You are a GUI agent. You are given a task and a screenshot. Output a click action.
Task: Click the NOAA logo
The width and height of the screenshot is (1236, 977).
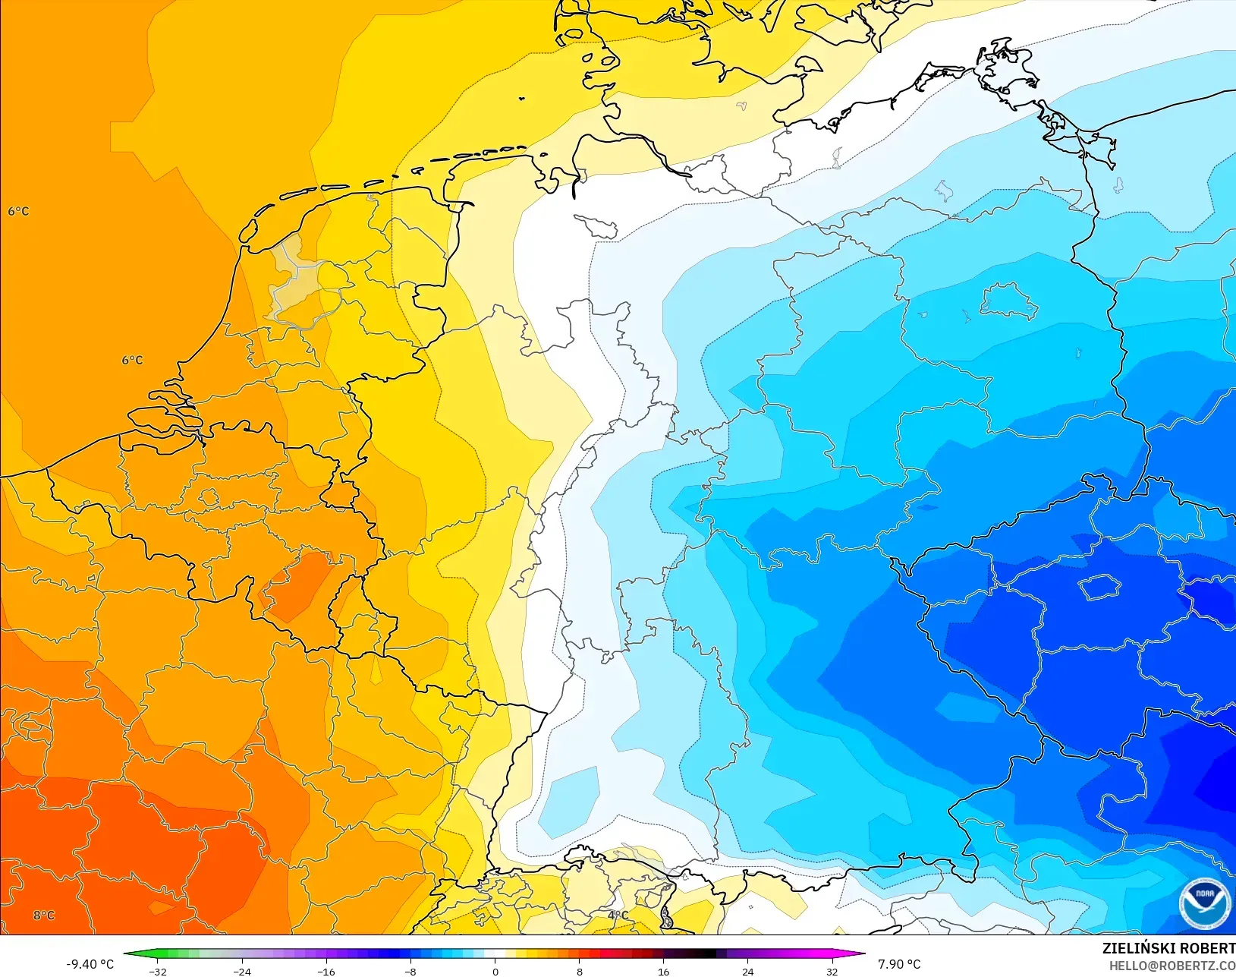click(1204, 903)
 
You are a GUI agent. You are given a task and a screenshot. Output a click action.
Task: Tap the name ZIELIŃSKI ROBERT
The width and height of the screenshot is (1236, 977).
click(1168, 948)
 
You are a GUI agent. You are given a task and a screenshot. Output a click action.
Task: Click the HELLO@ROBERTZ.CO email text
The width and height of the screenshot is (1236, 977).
click(1172, 966)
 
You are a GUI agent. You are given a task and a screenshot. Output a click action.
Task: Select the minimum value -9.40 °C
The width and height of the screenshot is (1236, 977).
click(90, 964)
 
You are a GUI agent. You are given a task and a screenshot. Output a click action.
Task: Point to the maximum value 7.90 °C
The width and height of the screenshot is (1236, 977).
click(899, 964)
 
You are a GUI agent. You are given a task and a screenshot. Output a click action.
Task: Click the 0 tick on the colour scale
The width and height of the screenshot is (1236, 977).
click(495, 971)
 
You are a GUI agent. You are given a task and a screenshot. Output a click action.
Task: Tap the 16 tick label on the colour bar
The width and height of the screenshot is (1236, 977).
click(663, 971)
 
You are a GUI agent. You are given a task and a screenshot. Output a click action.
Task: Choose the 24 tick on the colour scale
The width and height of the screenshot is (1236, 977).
click(747, 971)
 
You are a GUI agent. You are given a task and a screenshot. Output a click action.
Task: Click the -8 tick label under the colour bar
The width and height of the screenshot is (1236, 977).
click(410, 971)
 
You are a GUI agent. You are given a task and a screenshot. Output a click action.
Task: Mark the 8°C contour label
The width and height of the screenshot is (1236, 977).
click(44, 916)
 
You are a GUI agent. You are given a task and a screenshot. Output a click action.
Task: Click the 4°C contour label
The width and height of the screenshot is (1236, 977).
click(618, 916)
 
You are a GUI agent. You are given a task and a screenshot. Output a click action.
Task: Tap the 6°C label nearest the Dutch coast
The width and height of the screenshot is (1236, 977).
click(132, 360)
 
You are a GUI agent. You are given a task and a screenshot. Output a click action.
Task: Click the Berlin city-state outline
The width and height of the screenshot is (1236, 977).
click(1008, 301)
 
